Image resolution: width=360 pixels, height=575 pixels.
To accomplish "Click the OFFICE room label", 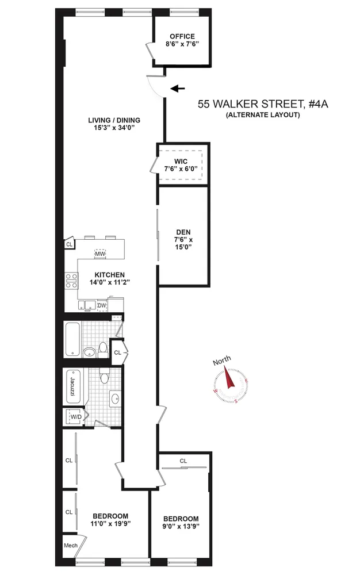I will (181, 36).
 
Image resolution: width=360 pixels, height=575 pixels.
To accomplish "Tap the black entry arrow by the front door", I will (178, 89).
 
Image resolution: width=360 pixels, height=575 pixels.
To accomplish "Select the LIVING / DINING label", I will (114, 120).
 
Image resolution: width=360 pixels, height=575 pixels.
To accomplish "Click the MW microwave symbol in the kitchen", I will (99, 253).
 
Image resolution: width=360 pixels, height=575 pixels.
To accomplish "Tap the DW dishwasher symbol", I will (102, 305).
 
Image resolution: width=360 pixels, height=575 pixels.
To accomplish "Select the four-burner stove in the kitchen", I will (71, 281).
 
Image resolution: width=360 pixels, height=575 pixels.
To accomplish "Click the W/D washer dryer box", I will (75, 416).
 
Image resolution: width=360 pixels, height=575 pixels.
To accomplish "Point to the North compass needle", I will (229, 379).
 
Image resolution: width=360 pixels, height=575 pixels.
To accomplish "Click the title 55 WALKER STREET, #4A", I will (250, 105).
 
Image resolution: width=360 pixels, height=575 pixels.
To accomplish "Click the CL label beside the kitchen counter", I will (70, 244).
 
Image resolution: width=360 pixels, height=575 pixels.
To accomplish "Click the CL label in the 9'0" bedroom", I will (183, 461).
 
